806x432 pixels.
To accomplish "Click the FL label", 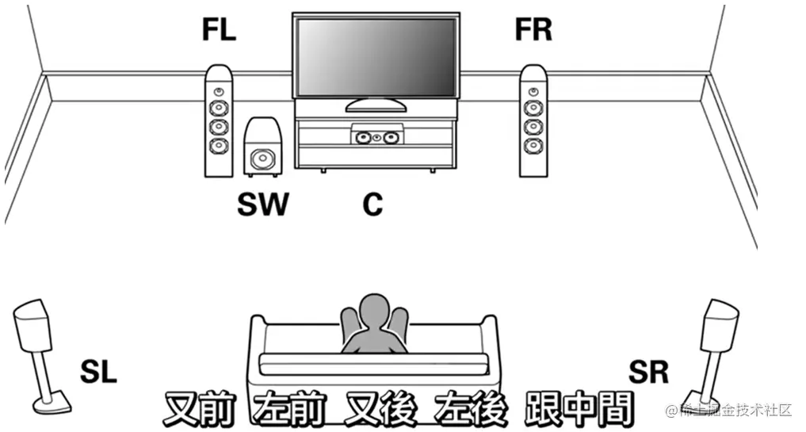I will tap(219, 30).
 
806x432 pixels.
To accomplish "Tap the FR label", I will tap(533, 30).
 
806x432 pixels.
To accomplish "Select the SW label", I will tap(263, 205).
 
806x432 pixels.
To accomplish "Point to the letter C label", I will tap(372, 205).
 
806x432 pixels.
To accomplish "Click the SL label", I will tap(98, 370).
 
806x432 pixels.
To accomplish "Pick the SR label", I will tap(648, 370).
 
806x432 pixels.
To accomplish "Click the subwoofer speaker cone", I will tap(260, 160).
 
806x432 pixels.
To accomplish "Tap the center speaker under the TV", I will tap(376, 137).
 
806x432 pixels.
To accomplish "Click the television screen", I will tap(376, 55).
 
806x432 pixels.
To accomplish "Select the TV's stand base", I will tap(376, 105).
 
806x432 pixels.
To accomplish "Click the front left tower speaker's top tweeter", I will tap(219, 92).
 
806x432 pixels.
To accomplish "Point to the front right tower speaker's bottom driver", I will tap(533, 146).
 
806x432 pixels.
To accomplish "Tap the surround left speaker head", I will tap(33, 323).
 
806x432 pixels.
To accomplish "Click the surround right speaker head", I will tap(720, 323).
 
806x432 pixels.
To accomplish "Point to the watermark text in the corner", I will tap(729, 410).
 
